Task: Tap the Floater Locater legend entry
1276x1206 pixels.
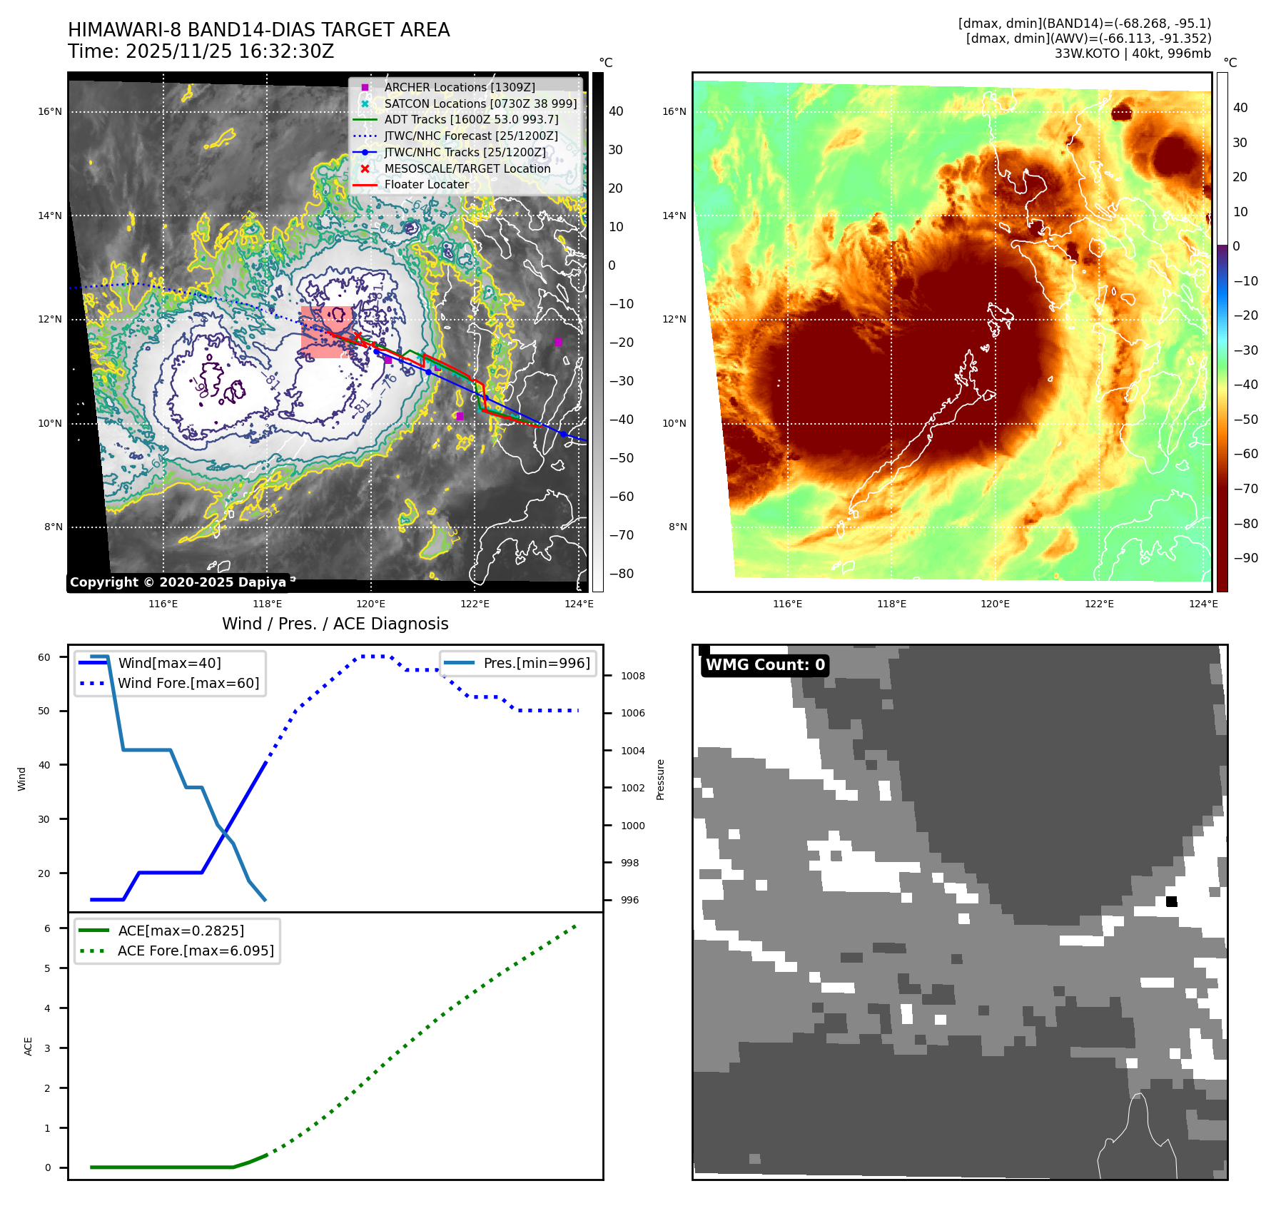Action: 426,184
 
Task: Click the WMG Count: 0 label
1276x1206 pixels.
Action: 765,665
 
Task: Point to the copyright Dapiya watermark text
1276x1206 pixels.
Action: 178,582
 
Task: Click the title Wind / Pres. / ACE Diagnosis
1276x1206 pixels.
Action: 335,624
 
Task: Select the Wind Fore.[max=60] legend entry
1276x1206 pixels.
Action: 188,683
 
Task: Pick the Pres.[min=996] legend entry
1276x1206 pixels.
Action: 536,663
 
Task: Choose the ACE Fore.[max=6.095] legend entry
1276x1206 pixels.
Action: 195,951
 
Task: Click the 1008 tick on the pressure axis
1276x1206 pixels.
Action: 632,676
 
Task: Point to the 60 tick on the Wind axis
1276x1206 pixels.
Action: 44,657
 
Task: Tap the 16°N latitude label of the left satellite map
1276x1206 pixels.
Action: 50,111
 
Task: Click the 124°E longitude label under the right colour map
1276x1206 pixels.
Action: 1203,604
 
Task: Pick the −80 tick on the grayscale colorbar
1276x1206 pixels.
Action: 621,574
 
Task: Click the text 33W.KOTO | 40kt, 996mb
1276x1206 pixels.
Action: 1133,54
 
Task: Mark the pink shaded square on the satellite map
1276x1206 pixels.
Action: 326,332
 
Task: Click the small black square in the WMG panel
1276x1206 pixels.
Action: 1171,901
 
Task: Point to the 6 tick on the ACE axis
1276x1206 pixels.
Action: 47,928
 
